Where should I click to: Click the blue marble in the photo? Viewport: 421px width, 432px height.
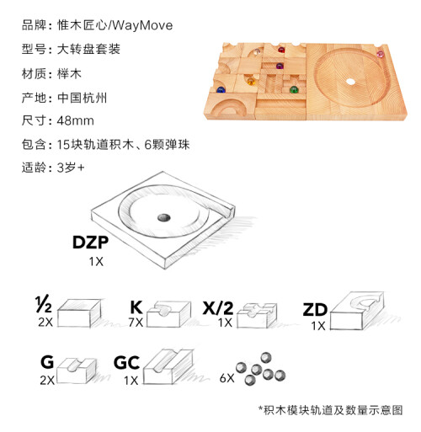221,90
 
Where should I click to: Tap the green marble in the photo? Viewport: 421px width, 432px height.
294,90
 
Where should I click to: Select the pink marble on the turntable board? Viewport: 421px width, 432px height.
380,54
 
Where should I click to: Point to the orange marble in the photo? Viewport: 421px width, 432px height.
251,82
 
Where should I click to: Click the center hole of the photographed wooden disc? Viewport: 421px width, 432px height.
350,82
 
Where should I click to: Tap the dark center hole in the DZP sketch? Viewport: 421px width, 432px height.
163,217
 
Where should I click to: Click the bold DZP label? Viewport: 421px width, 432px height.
90,243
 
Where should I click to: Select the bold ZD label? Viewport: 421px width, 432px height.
315,310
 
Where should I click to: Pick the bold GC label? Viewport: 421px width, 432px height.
126,363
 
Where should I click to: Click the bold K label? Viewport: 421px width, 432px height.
136,307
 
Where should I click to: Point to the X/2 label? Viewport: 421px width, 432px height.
218,308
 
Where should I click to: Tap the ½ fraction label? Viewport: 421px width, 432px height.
44,304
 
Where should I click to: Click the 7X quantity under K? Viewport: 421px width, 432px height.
136,323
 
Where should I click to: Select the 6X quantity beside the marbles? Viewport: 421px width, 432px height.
226,378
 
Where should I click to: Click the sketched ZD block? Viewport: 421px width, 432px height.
357,310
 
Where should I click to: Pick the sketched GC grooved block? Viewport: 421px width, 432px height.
168,367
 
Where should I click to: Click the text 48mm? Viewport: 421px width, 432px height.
76,121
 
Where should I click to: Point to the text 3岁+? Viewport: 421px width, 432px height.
71,168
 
